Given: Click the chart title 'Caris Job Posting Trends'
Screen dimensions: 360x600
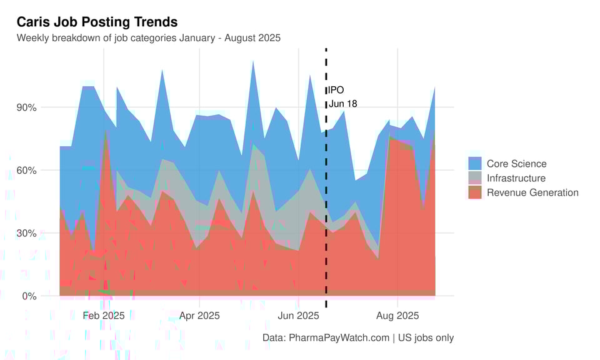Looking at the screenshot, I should pyautogui.click(x=97, y=22).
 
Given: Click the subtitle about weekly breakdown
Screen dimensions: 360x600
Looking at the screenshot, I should pyautogui.click(x=148, y=38).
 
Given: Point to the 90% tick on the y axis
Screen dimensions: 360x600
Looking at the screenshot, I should pyautogui.click(x=26, y=107).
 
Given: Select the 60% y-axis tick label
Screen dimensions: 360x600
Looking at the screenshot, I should pyautogui.click(x=26, y=171).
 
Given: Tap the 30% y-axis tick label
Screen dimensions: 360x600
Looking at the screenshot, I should pyautogui.click(x=26, y=233).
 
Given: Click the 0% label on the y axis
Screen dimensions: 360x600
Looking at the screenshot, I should pyautogui.click(x=28, y=296).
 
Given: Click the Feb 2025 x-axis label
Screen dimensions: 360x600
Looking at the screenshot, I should pyautogui.click(x=104, y=316).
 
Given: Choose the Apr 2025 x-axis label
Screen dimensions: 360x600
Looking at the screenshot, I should pyautogui.click(x=199, y=316).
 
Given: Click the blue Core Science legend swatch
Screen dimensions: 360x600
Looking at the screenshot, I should pyautogui.click(x=475, y=164).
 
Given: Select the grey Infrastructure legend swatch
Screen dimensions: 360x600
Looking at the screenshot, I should pyautogui.click(x=475, y=178).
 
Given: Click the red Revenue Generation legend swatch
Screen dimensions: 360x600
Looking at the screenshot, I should pyautogui.click(x=475, y=192).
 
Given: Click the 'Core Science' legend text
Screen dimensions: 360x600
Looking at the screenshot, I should pyautogui.click(x=516, y=164).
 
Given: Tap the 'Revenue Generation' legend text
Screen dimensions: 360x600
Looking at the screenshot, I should pyautogui.click(x=532, y=192).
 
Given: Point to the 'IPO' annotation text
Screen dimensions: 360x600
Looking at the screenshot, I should pyautogui.click(x=336, y=90).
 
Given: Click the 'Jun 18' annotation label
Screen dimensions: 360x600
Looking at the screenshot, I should pyautogui.click(x=342, y=104).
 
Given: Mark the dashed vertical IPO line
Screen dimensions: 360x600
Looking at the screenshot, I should pyautogui.click(x=326, y=187).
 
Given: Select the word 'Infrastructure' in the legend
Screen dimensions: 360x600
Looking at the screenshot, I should pyautogui.click(x=516, y=178).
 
